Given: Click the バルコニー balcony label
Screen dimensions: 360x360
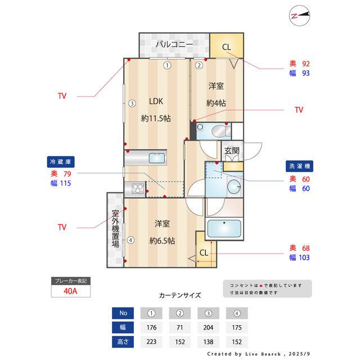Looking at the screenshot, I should point(174,44).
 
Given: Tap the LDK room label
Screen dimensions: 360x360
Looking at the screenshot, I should point(156,102).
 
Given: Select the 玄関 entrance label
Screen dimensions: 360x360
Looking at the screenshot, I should point(232,151).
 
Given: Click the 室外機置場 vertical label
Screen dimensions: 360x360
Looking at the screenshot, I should point(115,229).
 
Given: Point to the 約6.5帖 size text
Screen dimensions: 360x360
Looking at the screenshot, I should point(161,241).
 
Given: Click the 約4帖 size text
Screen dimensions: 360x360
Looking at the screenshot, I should point(216,103).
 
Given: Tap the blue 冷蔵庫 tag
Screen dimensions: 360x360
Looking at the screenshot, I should point(61,162).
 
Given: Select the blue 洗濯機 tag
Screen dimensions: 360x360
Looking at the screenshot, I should point(299,166).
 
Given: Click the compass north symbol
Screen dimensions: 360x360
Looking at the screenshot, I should point(301,16).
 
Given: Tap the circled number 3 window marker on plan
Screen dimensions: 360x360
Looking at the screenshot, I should point(131,103).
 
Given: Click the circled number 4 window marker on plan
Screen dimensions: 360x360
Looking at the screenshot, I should point(130,240).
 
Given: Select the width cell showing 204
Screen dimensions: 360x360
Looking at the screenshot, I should point(208,327).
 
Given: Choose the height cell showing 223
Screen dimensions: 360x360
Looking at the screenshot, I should point(151,341).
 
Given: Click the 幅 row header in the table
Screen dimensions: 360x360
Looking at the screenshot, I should point(123,327).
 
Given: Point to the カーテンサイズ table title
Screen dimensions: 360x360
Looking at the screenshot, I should point(179,295).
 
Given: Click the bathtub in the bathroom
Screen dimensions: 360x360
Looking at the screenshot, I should point(224,229).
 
